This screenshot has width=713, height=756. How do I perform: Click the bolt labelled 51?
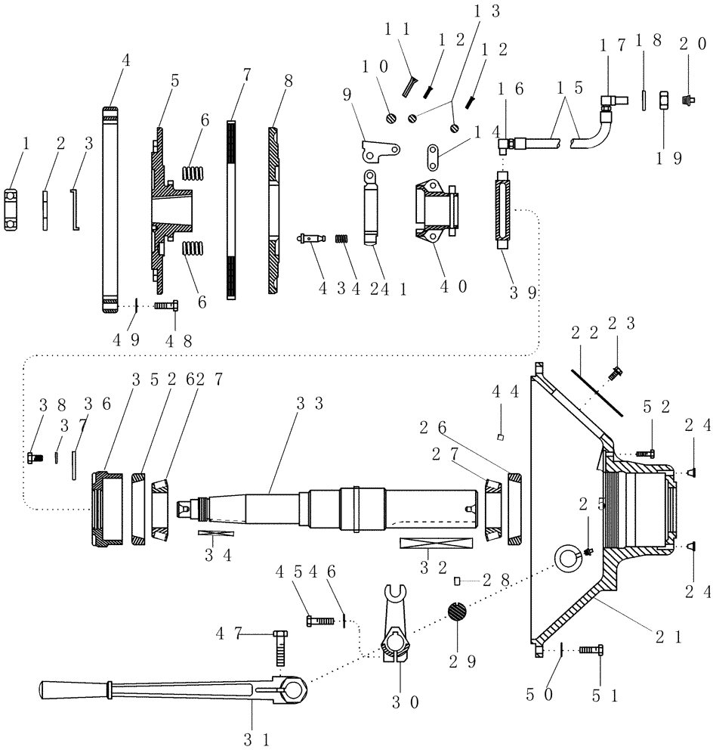(591, 649)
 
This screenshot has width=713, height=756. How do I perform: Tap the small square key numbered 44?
(501, 436)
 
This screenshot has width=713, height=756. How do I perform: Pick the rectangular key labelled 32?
(436, 544)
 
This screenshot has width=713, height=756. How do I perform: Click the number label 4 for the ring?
(125, 62)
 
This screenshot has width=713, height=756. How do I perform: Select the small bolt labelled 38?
(32, 457)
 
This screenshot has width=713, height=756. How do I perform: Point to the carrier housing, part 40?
(436, 209)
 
